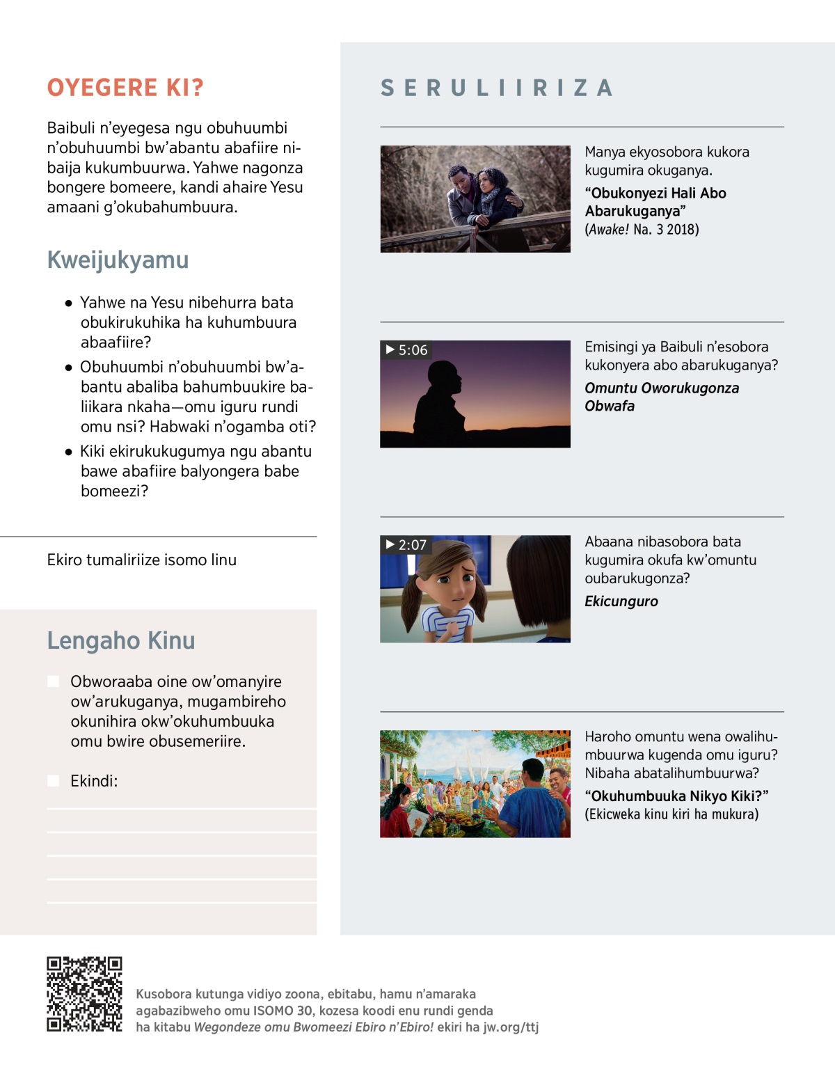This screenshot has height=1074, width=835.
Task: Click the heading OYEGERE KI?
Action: click(x=125, y=88)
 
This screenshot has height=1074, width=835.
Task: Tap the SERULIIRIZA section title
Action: click(x=497, y=88)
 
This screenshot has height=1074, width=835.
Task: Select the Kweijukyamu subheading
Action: click(x=118, y=260)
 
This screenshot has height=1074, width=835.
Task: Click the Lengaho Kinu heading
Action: click(x=121, y=640)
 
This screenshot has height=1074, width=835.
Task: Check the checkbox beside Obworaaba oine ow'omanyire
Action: click(x=53, y=681)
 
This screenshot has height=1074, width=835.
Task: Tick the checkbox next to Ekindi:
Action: click(x=53, y=781)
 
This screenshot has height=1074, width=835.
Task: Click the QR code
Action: click(x=84, y=994)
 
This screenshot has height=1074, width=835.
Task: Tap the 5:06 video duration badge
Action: click(x=407, y=350)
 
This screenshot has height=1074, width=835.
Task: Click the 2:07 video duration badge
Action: click(x=407, y=545)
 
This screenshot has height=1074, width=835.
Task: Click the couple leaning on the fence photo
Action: click(x=475, y=199)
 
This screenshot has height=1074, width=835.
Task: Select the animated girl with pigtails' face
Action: click(x=451, y=581)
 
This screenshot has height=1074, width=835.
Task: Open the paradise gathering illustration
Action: click(x=475, y=784)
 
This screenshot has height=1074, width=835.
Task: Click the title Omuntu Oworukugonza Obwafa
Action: click(x=661, y=397)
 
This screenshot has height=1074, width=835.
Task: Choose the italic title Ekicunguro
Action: click(x=621, y=601)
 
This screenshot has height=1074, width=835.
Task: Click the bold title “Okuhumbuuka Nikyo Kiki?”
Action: click(x=676, y=796)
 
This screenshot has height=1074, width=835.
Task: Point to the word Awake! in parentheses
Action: click(x=609, y=230)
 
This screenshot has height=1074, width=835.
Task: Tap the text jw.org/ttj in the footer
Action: click(x=511, y=1027)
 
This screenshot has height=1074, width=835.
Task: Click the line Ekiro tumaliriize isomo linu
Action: click(x=142, y=560)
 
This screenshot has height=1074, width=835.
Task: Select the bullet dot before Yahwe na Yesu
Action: click(x=68, y=303)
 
